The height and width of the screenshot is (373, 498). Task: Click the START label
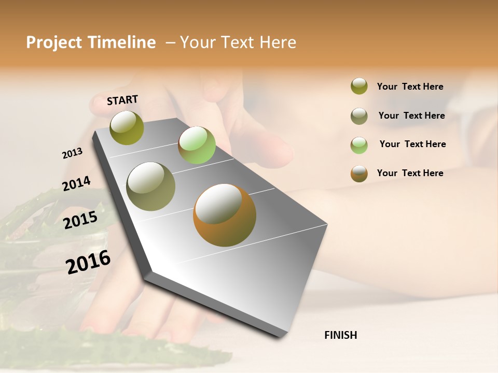click(x=122, y=100)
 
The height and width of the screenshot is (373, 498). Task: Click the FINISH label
click(x=340, y=335)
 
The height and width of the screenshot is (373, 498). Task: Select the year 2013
click(x=72, y=153)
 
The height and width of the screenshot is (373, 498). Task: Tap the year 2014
click(x=76, y=183)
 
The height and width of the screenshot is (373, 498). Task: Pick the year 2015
click(x=80, y=220)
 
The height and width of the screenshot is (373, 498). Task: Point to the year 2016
click(x=88, y=262)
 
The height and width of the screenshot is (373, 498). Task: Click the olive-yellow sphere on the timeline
click(x=127, y=127)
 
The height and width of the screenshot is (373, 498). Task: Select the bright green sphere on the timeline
click(x=197, y=145)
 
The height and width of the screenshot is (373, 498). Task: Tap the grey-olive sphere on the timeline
click(x=151, y=187)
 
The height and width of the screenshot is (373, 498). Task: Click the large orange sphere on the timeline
click(x=225, y=215)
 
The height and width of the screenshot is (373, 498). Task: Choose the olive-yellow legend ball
click(x=359, y=86)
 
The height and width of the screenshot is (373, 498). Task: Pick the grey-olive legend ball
click(x=359, y=116)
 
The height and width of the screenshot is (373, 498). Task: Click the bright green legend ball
click(x=359, y=145)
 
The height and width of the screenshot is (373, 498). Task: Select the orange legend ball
click(x=359, y=174)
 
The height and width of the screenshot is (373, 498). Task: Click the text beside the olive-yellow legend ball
click(x=410, y=87)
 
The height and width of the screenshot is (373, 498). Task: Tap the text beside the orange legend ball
click(x=410, y=173)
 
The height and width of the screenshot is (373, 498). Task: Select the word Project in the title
click(x=53, y=42)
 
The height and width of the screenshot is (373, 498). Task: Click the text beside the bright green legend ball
click(x=412, y=144)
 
